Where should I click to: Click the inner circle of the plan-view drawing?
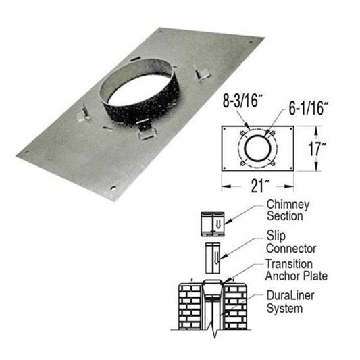pos(257,148)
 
